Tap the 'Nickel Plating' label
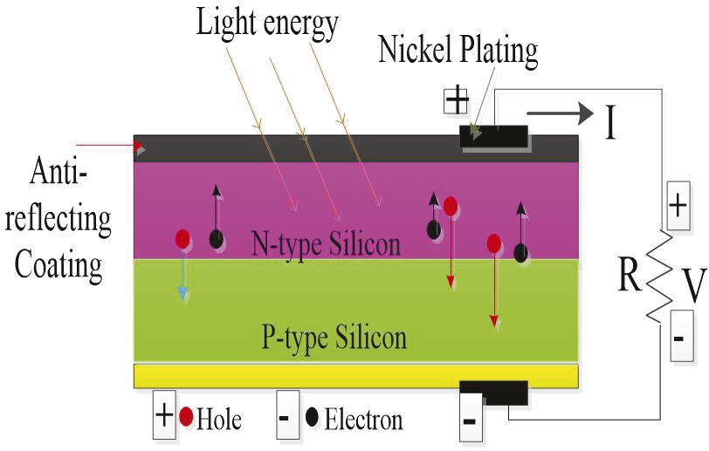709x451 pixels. pyautogui.click(x=458, y=50)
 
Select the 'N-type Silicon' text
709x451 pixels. pyautogui.click(x=326, y=242)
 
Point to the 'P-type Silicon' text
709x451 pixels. pyautogui.click(x=334, y=336)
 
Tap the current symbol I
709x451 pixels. pyautogui.click(x=610, y=123)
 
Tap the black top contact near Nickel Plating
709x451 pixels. pyautogui.click(x=494, y=136)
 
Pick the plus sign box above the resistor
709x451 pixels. pyautogui.click(x=678, y=207)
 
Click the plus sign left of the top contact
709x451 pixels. pyautogui.click(x=457, y=100)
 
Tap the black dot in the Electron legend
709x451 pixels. pyautogui.click(x=312, y=418)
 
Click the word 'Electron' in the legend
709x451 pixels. pyautogui.click(x=363, y=420)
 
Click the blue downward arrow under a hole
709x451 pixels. pyautogui.click(x=182, y=277)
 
